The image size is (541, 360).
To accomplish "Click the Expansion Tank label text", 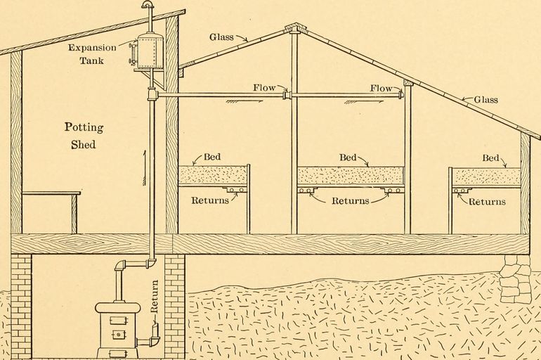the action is [x=92, y=54].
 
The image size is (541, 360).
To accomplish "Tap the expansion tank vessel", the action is [x=150, y=51].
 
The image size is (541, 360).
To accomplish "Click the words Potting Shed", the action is [x=84, y=135].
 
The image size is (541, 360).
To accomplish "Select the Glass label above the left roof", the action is [x=221, y=37].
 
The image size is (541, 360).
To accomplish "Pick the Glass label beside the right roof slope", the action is [x=485, y=99].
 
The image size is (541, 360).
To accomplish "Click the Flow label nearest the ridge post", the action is [x=264, y=88].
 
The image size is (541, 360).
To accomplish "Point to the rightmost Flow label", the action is [x=382, y=88].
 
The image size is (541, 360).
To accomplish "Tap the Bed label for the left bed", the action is [x=212, y=157].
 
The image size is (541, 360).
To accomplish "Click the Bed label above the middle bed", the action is [x=348, y=157].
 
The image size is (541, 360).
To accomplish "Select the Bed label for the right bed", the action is [x=490, y=158].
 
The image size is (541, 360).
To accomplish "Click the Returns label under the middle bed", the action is [x=350, y=200].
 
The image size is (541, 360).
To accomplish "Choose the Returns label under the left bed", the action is [x=210, y=200].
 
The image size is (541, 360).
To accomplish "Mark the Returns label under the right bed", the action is [x=487, y=201].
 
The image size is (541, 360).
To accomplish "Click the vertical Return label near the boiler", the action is [x=155, y=296].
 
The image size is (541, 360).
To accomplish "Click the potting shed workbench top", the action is [x=51, y=193].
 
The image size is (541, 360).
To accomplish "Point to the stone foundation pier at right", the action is [x=515, y=278].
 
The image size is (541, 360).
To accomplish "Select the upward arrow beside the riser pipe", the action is [x=145, y=168].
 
